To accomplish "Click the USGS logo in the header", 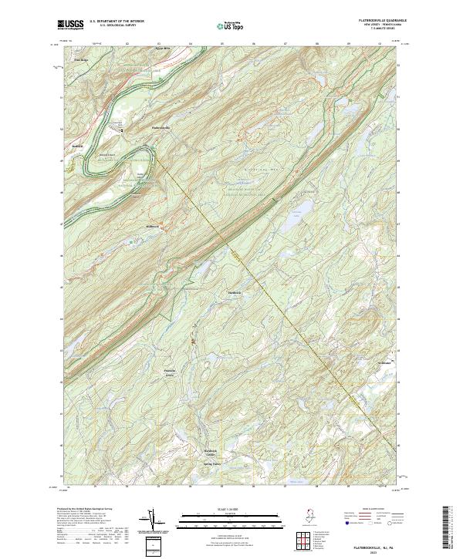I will (x=70, y=24).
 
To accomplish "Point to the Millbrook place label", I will (x=152, y=226).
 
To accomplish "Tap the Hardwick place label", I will (x=235, y=293).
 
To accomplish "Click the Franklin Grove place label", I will (x=170, y=372).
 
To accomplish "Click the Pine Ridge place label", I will (x=80, y=59).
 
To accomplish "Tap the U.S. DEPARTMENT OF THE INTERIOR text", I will (x=117, y=21).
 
